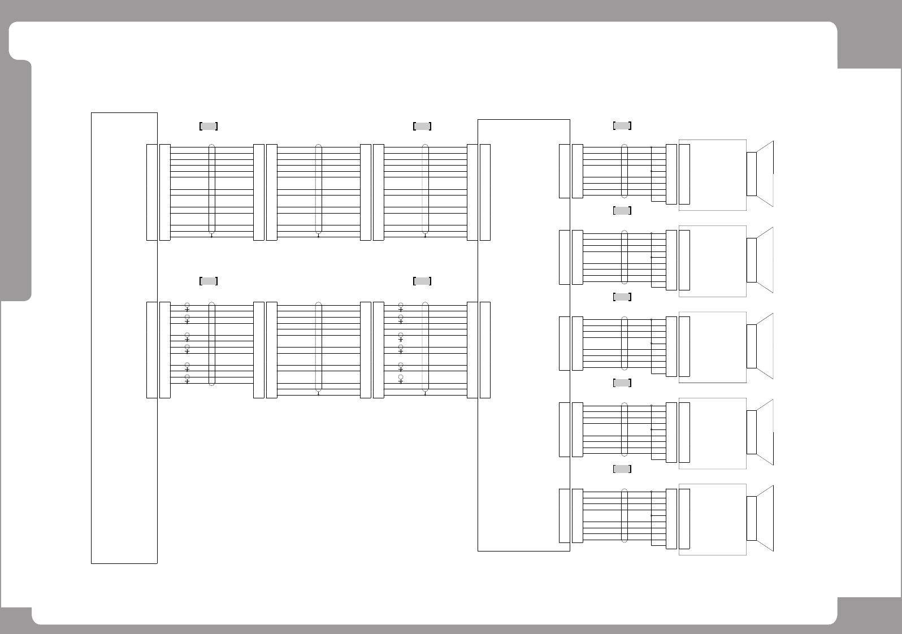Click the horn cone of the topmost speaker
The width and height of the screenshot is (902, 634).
click(x=765, y=174)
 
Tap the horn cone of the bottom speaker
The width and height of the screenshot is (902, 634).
click(x=765, y=518)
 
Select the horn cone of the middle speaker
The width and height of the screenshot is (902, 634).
click(x=765, y=346)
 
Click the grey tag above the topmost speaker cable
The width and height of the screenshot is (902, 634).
click(x=622, y=125)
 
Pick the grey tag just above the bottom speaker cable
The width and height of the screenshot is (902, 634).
click(x=622, y=469)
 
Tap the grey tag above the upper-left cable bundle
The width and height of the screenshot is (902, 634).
click(x=209, y=126)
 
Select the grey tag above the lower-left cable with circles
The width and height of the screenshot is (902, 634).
click(x=209, y=281)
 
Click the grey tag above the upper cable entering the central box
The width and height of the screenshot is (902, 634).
click(x=422, y=126)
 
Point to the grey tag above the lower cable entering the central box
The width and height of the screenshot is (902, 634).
click(x=422, y=281)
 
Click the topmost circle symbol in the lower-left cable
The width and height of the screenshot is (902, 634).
click(x=187, y=305)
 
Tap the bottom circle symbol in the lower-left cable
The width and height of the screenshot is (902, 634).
click(x=187, y=376)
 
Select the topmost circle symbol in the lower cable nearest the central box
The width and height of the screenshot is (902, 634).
click(x=401, y=305)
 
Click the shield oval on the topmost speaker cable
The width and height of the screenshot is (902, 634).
click(x=625, y=171)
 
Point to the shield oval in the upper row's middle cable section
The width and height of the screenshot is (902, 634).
click(x=319, y=189)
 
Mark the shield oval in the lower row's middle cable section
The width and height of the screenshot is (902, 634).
click(x=319, y=347)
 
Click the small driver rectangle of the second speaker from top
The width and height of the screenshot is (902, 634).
click(x=752, y=260)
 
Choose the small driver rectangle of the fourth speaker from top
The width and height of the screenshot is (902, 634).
click(x=752, y=432)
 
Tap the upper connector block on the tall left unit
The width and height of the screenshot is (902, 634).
click(x=151, y=192)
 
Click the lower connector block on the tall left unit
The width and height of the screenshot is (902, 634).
click(x=151, y=350)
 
